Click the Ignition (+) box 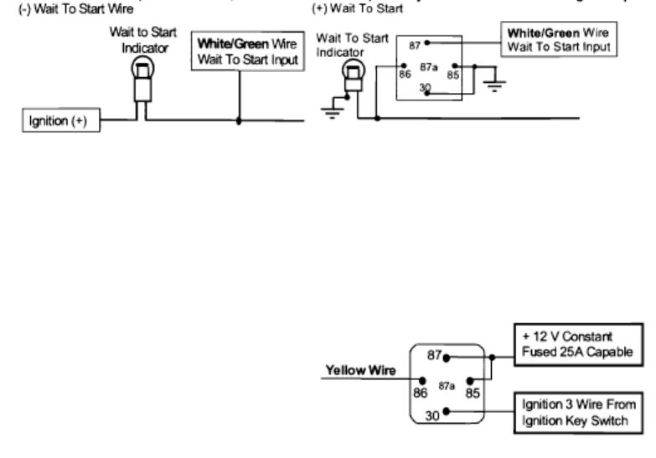click(x=59, y=121)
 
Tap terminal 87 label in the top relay click(x=414, y=46)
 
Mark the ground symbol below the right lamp click(x=333, y=114)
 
